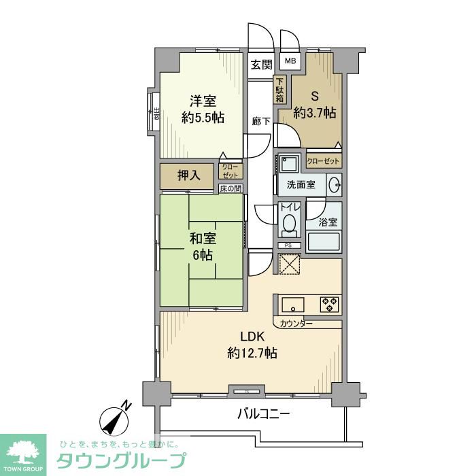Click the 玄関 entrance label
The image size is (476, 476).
pyautogui.click(x=260, y=65)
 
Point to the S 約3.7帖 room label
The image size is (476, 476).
pyautogui.click(x=314, y=105)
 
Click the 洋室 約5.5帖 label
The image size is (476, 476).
pyautogui.click(x=203, y=109)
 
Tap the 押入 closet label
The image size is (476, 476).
pyautogui.click(x=188, y=175)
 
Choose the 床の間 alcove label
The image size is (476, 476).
pyautogui.click(x=230, y=188)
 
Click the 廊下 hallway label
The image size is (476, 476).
pyautogui.click(x=261, y=122)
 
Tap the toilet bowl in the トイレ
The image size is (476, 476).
pyautogui.click(x=289, y=224)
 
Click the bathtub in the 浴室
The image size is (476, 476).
pyautogui.click(x=324, y=243)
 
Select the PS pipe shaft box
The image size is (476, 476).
pyautogui.click(x=288, y=245)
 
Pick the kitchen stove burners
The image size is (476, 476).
pyautogui.click(x=330, y=303)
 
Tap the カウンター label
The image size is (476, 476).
pyautogui.click(x=296, y=323)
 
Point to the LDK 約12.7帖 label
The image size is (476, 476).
pyautogui.click(x=251, y=345)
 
